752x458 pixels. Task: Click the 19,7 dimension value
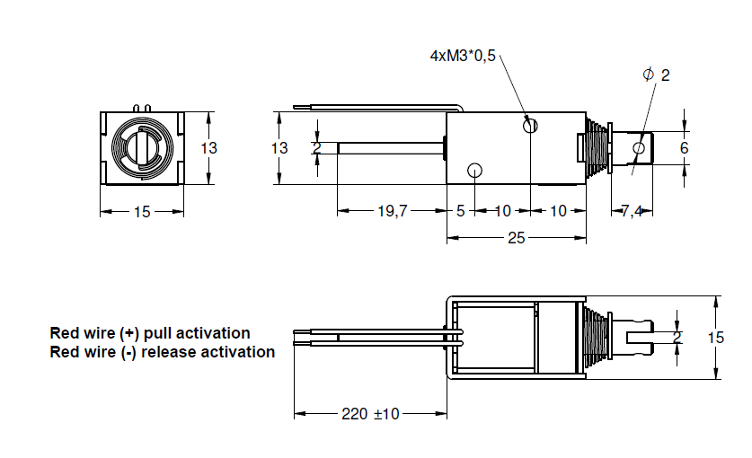[392, 211]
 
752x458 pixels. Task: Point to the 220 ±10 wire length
[370, 414]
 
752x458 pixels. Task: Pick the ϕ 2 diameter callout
[657, 75]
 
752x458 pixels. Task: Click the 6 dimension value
[684, 147]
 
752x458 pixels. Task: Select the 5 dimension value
[460, 211]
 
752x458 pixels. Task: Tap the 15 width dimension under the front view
[142, 212]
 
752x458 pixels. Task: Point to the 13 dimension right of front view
[208, 148]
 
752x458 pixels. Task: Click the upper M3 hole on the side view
[530, 126]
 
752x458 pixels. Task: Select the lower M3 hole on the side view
[475, 170]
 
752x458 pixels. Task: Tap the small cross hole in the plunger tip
[639, 147]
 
